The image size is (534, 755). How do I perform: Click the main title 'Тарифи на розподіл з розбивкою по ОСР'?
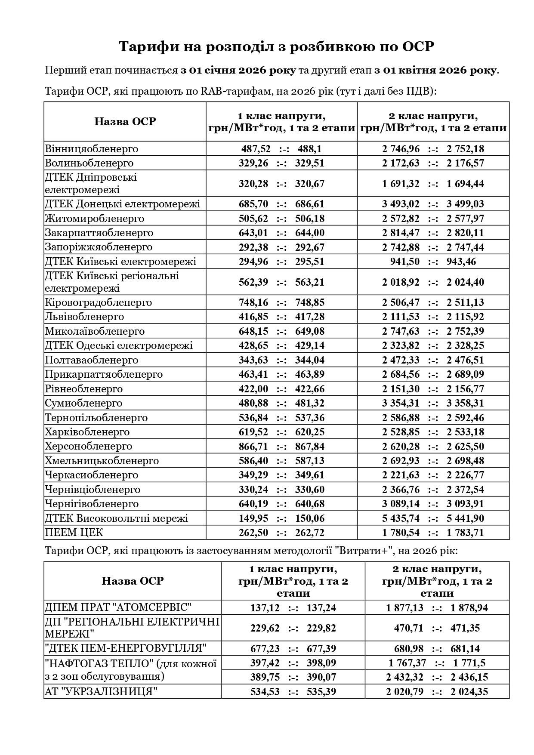click(x=276, y=46)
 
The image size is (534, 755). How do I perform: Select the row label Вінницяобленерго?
click(x=92, y=149)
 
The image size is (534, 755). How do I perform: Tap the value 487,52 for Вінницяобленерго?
click(x=256, y=149)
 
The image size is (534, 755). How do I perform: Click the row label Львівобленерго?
click(x=84, y=317)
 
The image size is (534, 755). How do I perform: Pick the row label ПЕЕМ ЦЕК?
click(x=74, y=533)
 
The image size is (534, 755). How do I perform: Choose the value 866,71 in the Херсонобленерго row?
click(x=253, y=446)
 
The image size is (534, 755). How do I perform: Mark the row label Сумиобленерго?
click(x=83, y=403)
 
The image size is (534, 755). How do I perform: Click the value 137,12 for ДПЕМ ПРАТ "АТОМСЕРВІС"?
click(x=265, y=608)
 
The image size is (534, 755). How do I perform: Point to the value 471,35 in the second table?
click(x=465, y=628)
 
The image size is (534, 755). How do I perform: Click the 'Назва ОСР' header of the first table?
click(x=125, y=122)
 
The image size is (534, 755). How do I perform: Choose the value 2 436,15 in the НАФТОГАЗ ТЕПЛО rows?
click(x=469, y=677)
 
